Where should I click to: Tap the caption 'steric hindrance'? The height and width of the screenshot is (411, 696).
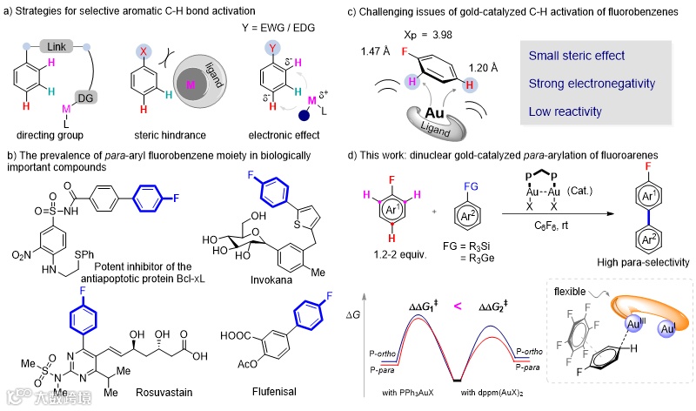coord(170,137)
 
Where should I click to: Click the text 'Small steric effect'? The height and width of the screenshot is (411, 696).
coord(577,56)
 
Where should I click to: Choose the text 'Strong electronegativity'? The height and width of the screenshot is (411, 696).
coord(590,85)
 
